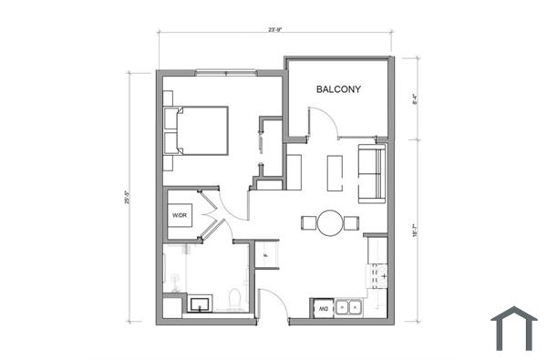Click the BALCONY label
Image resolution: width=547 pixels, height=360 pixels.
(339, 89)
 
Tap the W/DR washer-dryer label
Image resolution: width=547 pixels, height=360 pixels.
(180, 215)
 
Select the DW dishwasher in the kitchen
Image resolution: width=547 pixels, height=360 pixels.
(322, 310)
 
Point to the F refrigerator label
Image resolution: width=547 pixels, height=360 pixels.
(266, 254)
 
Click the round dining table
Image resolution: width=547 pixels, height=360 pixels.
(329, 221)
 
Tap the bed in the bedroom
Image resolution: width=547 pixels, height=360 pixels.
(195, 129)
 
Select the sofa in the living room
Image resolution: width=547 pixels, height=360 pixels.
(372, 173)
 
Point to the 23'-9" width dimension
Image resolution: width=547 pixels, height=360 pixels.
(275, 30)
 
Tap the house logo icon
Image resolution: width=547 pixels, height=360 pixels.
(513, 328)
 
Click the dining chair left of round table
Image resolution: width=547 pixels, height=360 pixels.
(308, 221)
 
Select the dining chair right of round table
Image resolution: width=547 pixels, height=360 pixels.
(351, 221)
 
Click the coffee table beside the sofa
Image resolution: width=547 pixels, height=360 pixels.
(335, 172)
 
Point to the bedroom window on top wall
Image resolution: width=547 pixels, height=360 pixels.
(222, 70)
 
